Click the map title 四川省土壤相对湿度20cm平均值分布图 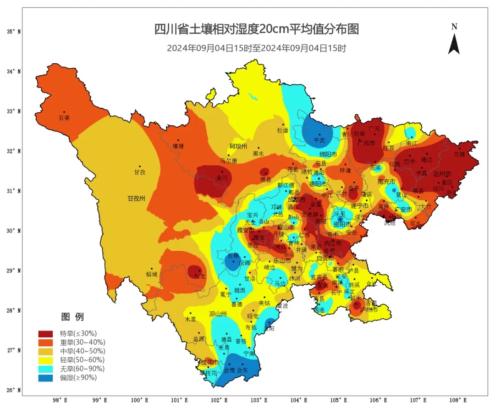[256, 29]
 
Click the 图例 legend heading [72, 317]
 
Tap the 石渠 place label [64, 118]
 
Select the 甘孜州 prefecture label [136, 199]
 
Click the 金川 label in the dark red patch [222, 177]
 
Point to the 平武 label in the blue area [319, 140]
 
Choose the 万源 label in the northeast [459, 154]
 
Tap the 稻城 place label [151, 274]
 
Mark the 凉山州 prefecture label [218, 314]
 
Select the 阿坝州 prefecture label [238, 146]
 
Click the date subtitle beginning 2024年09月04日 [256, 48]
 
